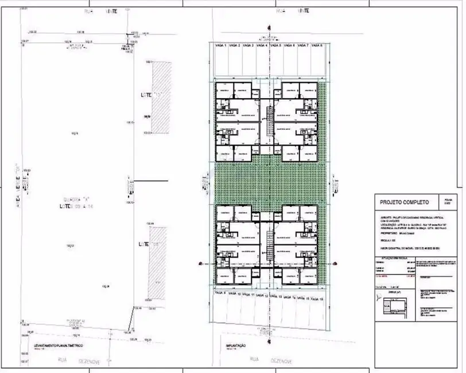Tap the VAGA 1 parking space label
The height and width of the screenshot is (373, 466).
click(x=220, y=45)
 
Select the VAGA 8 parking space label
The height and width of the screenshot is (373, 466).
click(x=317, y=45)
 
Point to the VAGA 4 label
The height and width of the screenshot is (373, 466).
click(x=262, y=45)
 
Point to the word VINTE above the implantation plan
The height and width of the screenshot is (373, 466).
click(x=307, y=10)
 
